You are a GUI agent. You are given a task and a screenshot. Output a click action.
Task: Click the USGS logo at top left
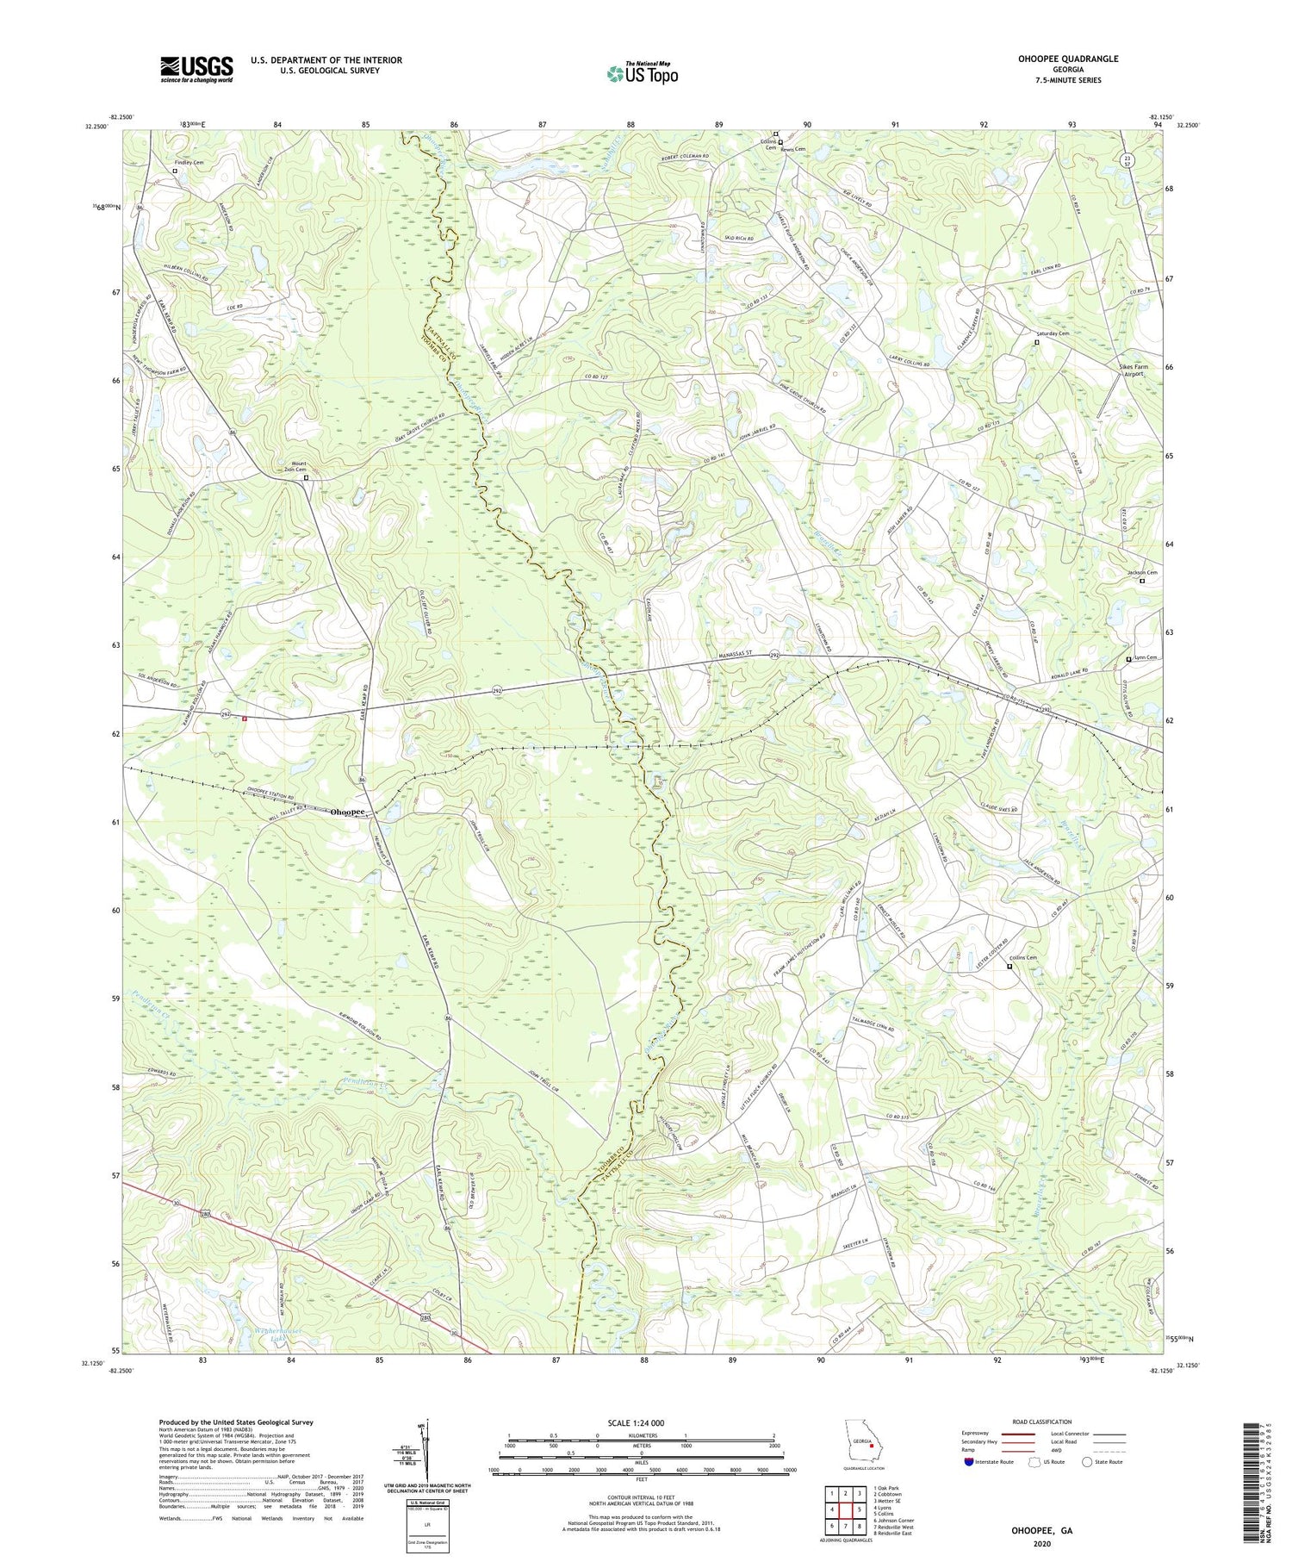[196, 69]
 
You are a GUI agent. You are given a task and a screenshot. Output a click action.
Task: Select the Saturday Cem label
[1052, 333]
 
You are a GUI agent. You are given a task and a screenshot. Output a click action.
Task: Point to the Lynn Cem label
[1146, 658]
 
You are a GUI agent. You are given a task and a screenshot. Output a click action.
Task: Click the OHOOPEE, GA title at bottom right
[1040, 1531]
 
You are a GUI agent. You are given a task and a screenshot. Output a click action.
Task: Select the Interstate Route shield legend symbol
[968, 1462]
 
